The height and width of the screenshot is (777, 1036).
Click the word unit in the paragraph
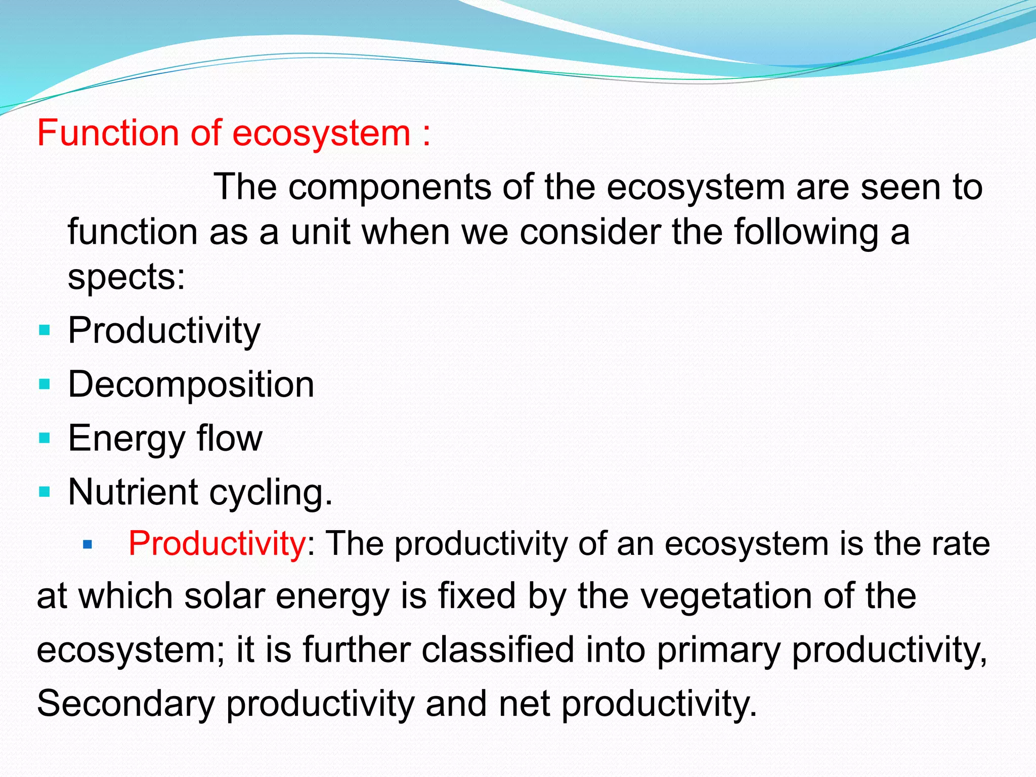(321, 232)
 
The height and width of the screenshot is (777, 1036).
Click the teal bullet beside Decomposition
(45, 385)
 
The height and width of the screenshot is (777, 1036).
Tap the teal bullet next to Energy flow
(45, 438)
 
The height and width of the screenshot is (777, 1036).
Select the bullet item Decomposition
(191, 384)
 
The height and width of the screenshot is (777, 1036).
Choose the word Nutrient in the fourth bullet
(133, 492)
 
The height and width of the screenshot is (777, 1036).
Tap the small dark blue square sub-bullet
(88, 545)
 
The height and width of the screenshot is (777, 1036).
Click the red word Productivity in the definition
(217, 544)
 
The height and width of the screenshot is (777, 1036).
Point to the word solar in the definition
(225, 596)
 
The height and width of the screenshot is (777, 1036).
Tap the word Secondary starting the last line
(126, 704)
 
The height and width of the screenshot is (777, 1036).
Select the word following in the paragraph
(806, 233)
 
